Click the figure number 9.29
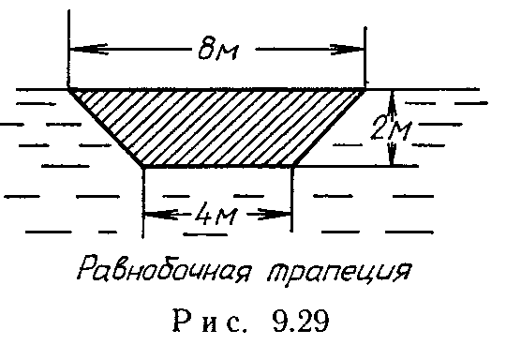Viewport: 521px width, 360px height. tap(294, 329)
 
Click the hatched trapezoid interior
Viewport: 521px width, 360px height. tap(217, 127)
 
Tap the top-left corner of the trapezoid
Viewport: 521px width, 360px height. tap(70, 89)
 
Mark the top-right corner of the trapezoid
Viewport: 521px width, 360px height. tap(365, 89)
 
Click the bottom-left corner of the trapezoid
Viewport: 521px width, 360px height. tap(143, 165)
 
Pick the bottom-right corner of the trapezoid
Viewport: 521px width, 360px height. tap(293, 165)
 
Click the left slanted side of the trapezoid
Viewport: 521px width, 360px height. tap(107, 127)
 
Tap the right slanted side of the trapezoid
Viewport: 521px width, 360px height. tap(329, 127)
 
